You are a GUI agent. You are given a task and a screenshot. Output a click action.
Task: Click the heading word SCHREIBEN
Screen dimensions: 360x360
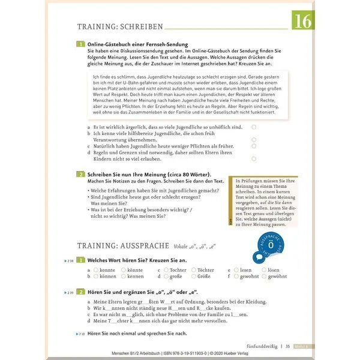(x=140, y=26)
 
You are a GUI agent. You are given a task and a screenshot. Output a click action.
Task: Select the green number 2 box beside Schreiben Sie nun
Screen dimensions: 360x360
(x=81, y=174)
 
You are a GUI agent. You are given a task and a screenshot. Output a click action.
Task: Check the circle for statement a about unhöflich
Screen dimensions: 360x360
(x=254, y=127)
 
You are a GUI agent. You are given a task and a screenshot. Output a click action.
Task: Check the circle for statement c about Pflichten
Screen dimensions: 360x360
(x=254, y=146)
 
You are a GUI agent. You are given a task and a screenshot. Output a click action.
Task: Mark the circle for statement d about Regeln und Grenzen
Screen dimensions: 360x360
(x=254, y=159)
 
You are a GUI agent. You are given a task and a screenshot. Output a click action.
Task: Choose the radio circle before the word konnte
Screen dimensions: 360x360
(x=95, y=270)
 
